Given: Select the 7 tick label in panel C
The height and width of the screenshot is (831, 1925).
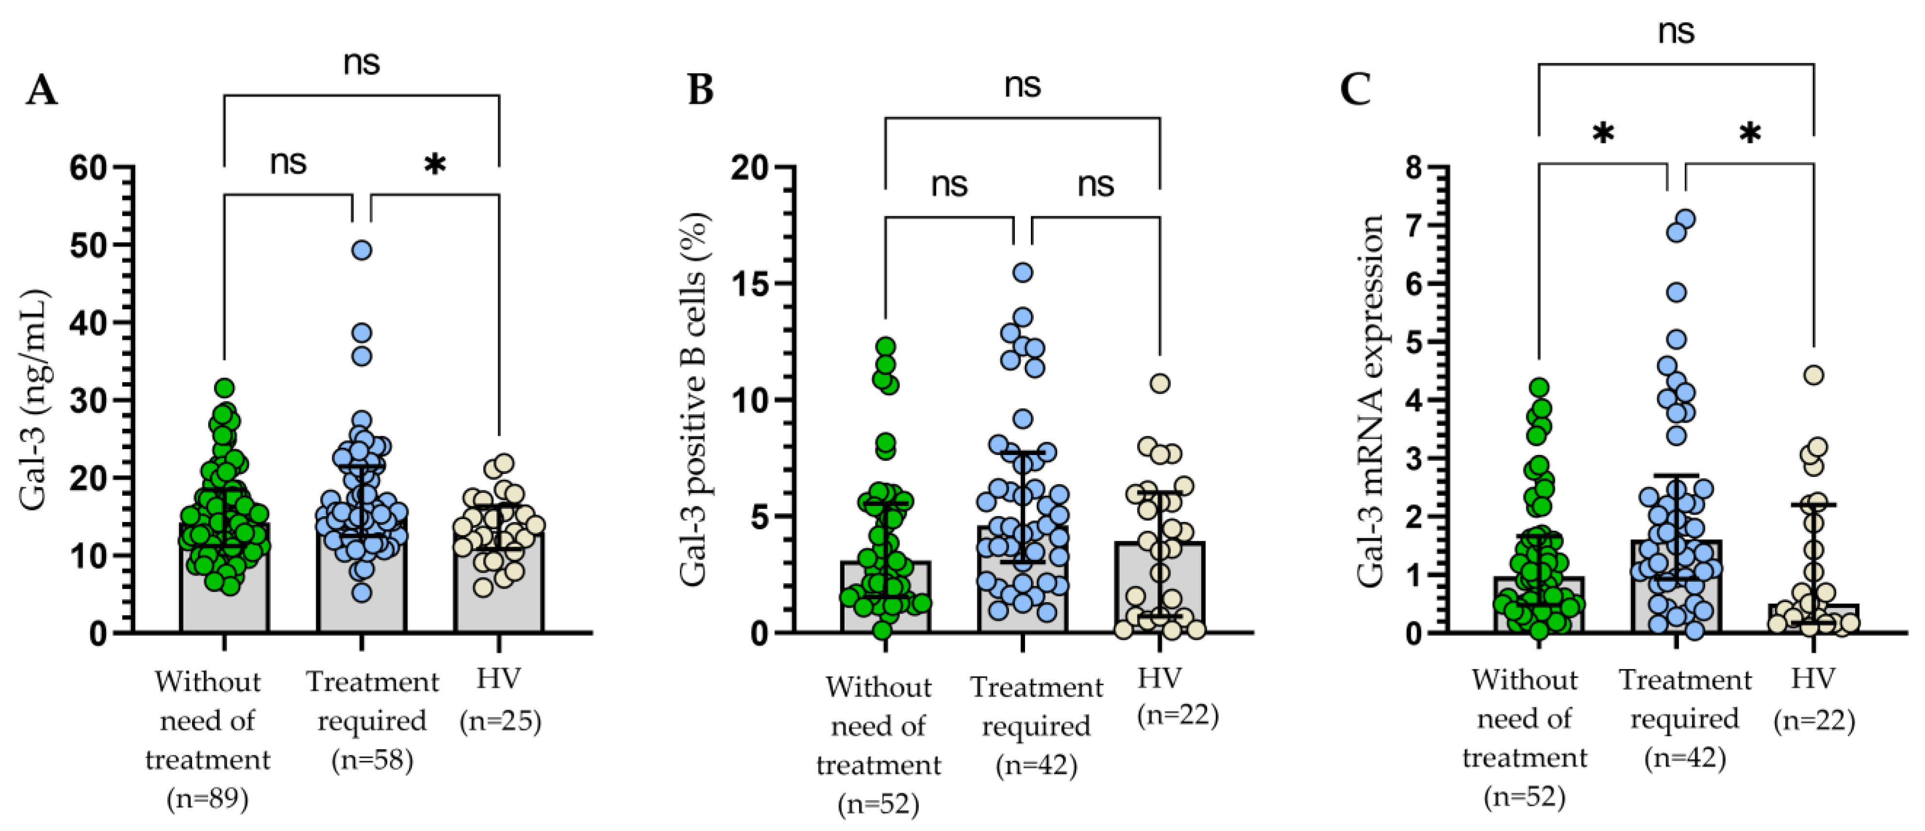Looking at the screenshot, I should tap(1413, 225).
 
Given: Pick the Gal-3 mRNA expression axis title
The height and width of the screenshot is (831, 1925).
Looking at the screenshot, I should tap(1370, 401).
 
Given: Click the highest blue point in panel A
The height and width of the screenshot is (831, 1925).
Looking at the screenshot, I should tap(362, 250).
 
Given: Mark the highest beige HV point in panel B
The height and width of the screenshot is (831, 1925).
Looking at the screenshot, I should tap(1160, 383).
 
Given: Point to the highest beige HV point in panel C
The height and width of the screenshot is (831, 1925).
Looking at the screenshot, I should tap(1813, 375).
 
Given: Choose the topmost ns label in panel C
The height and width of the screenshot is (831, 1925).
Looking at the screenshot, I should tap(1676, 32).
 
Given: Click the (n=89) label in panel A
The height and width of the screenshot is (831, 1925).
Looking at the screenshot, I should tap(207, 798).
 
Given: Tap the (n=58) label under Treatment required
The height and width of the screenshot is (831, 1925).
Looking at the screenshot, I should tap(372, 759).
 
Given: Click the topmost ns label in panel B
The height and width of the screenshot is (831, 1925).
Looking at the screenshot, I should tap(1022, 85).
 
